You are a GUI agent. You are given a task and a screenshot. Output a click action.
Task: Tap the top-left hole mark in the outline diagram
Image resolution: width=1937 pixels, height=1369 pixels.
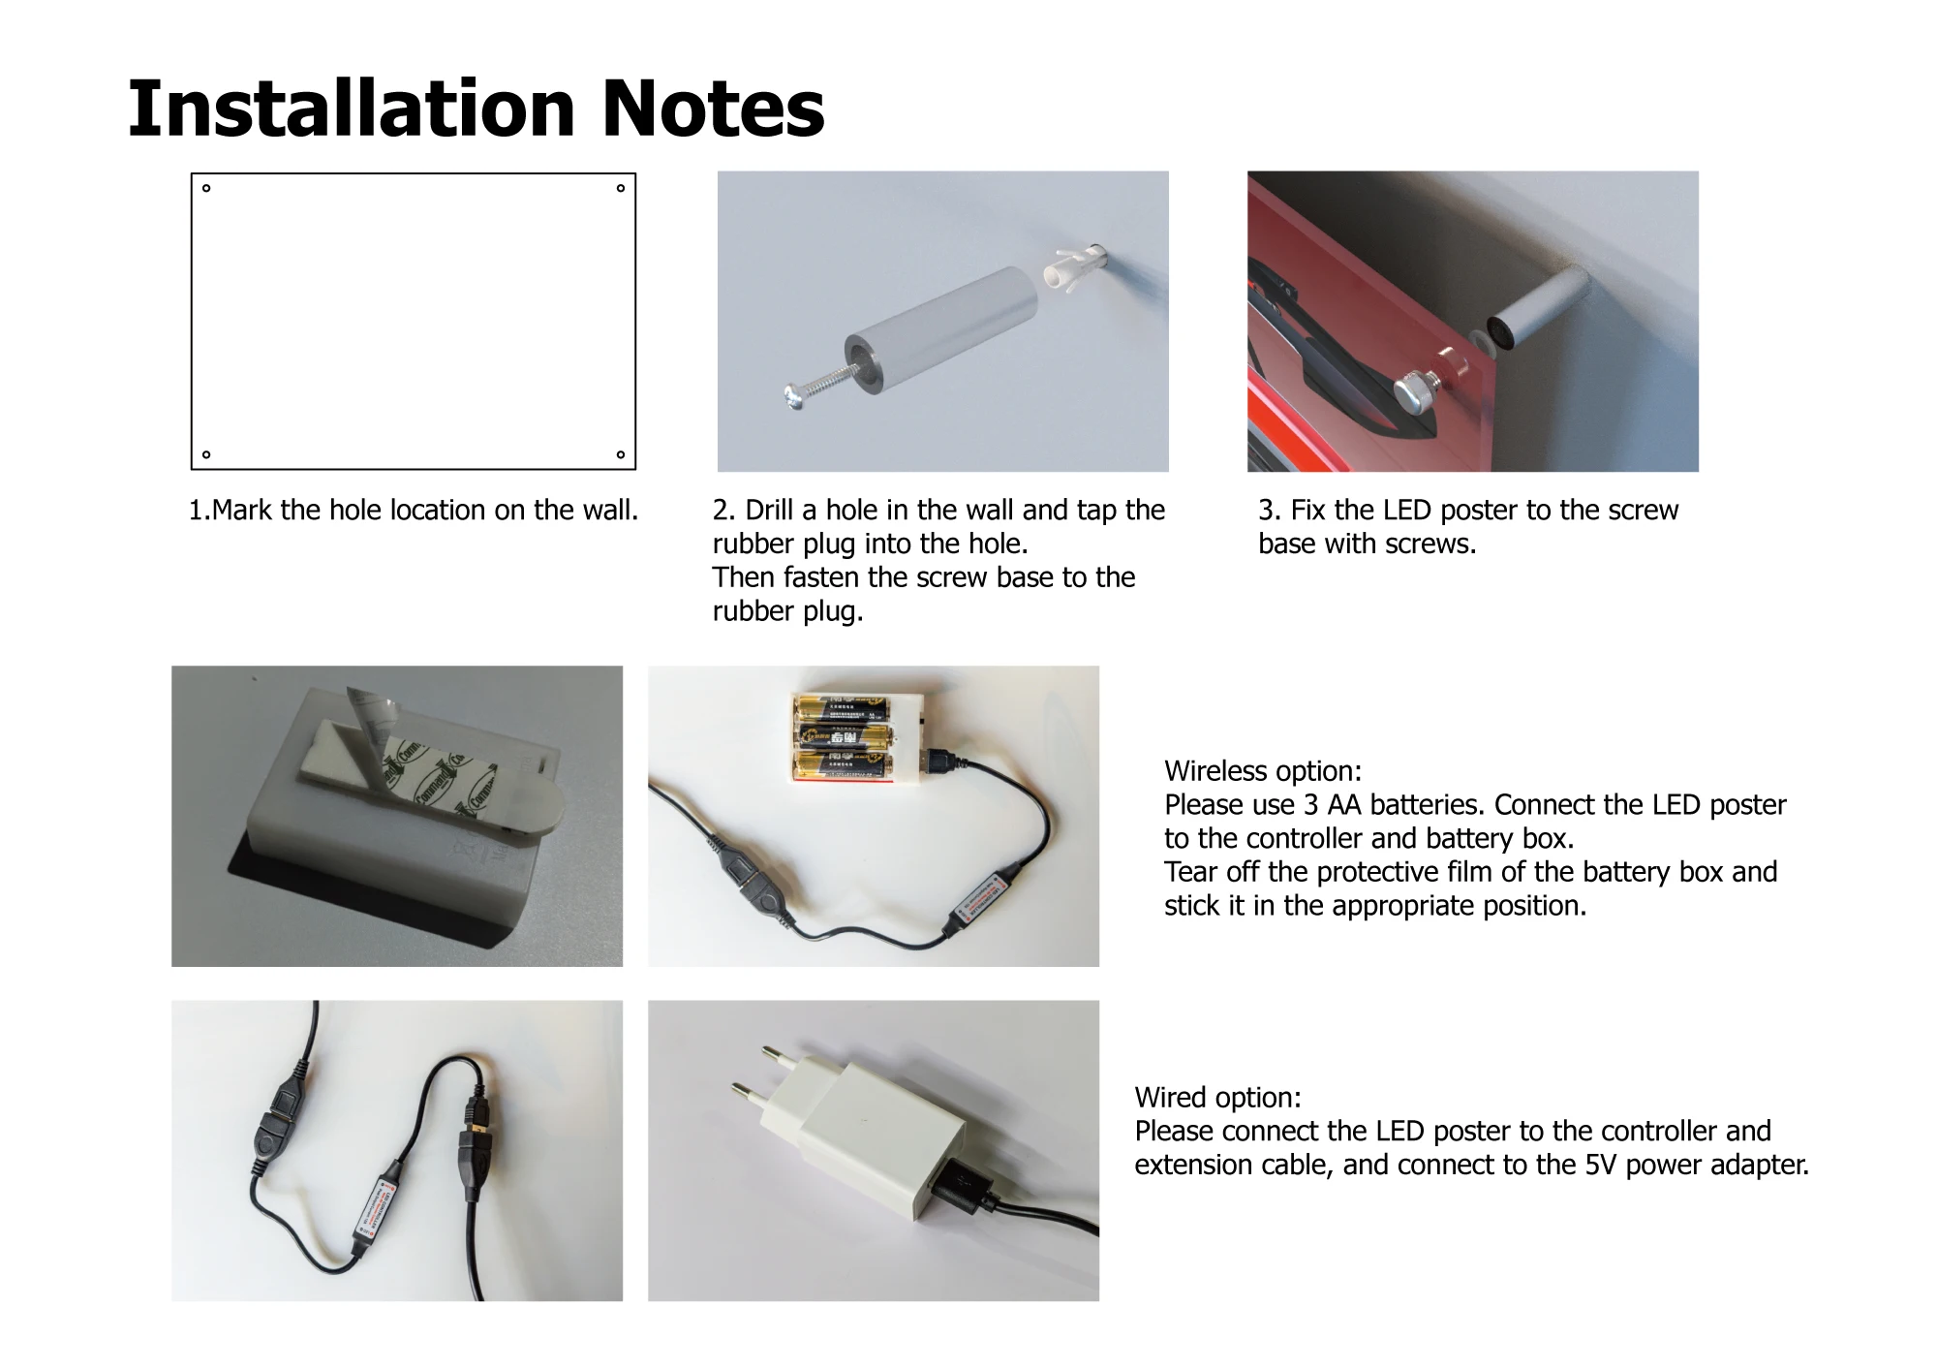(x=206, y=189)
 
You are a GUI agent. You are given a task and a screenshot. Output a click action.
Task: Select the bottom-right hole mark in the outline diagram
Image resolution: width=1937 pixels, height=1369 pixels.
(x=621, y=454)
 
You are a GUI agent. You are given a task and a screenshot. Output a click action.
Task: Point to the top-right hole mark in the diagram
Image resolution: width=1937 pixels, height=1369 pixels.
(x=621, y=189)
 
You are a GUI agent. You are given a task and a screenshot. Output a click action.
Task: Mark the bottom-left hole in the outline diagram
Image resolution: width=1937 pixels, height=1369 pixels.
(x=206, y=454)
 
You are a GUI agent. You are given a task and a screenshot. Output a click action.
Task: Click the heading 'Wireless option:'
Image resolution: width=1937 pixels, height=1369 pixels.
(x=1263, y=771)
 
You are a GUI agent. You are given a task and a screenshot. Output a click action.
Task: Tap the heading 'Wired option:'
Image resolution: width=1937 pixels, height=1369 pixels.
(x=1218, y=1098)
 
